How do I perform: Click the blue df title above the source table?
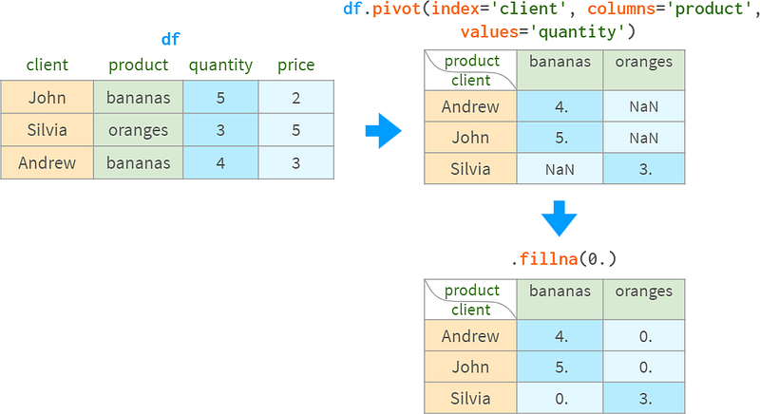pyautogui.click(x=171, y=39)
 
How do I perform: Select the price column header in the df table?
pyautogui.click(x=296, y=65)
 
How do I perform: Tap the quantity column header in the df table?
pyautogui.click(x=220, y=66)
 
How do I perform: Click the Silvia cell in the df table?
pyautogui.click(x=47, y=130)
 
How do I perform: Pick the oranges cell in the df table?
pyautogui.click(x=138, y=130)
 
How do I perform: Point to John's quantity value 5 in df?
pyautogui.click(x=220, y=98)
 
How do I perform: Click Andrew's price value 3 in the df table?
pyautogui.click(x=296, y=163)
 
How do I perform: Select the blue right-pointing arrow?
pyautogui.click(x=384, y=131)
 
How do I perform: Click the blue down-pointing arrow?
pyautogui.click(x=559, y=218)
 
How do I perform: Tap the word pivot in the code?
pyautogui.click(x=396, y=9)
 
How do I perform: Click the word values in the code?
pyautogui.click(x=489, y=32)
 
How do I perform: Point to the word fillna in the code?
pyautogui.click(x=549, y=259)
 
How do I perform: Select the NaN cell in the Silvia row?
pyautogui.click(x=560, y=169)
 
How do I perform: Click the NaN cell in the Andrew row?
pyautogui.click(x=644, y=106)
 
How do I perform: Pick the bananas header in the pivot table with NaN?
pyautogui.click(x=560, y=62)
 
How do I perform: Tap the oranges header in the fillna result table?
pyautogui.click(x=644, y=292)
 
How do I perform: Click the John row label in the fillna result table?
pyautogui.click(x=470, y=367)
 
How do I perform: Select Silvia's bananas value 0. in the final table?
pyautogui.click(x=560, y=399)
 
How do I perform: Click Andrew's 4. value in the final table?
pyautogui.click(x=560, y=336)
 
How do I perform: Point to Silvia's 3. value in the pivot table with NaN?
pyautogui.click(x=644, y=169)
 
